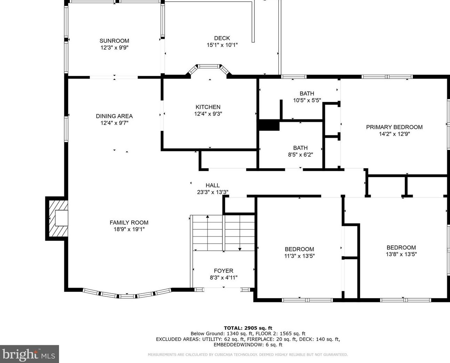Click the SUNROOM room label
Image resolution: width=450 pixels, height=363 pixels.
pos(114,41)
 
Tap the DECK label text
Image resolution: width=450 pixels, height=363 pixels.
pos(222,38)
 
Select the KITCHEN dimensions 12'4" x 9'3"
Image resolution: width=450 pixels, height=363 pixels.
pos(208,114)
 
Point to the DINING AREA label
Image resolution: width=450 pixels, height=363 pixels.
pos(114,116)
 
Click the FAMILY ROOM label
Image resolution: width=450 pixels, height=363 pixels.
pos(129,222)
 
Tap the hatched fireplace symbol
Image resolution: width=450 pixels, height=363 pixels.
pos(58,218)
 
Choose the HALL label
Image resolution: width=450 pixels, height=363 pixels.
pos(213,185)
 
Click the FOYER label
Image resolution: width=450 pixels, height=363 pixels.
pos(223,271)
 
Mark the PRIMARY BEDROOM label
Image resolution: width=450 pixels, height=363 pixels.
pos(394,127)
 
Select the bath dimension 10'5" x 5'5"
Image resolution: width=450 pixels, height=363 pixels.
pos(307,100)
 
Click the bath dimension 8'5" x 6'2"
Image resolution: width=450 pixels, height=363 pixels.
pos(301,155)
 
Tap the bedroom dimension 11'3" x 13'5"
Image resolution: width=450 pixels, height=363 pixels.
pos(300,256)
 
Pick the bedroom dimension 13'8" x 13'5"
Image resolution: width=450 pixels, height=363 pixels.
pos(401,254)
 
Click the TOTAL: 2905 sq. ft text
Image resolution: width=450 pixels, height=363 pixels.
pos(248,328)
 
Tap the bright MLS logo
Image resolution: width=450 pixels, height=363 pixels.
pos(30,354)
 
